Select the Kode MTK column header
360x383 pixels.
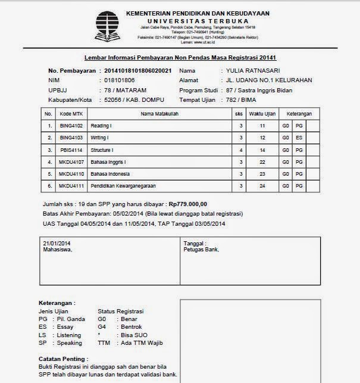[72, 113]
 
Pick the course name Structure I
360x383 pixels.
[103, 151]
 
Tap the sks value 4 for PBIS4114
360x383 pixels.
[240, 151]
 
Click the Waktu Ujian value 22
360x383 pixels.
[261, 163]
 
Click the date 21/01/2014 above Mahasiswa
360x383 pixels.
[57, 244]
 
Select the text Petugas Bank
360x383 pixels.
[202, 250]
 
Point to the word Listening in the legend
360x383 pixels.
[69, 335]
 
